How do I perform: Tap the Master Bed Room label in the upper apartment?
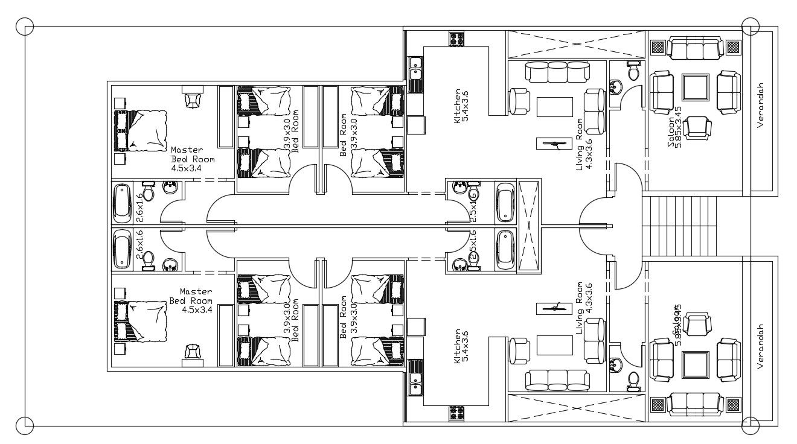point(193,159)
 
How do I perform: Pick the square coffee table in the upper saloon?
point(696,87)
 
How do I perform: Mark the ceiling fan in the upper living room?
point(552,144)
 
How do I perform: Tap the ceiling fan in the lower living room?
point(552,308)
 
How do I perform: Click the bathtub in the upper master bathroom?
point(123,203)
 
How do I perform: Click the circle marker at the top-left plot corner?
point(25,27)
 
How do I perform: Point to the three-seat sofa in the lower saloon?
point(696,404)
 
